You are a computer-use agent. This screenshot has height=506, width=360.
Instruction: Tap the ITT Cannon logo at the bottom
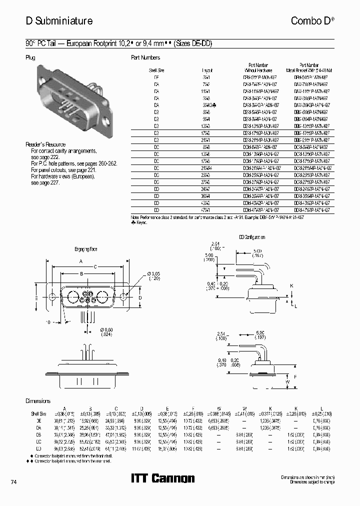(x=162, y=478)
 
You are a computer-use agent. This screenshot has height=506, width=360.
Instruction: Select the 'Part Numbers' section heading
(x=145, y=57)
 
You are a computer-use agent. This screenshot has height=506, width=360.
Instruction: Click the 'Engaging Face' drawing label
(x=85, y=248)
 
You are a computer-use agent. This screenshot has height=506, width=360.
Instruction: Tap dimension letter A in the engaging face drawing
(x=80, y=261)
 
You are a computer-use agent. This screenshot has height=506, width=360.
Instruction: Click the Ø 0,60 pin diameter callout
(x=107, y=331)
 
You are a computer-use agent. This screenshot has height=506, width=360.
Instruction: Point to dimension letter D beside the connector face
(x=140, y=298)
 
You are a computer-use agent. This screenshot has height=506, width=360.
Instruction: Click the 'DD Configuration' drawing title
(x=252, y=237)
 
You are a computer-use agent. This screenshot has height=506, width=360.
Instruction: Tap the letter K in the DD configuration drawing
(x=291, y=285)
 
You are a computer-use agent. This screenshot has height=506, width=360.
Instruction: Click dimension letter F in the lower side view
(x=295, y=376)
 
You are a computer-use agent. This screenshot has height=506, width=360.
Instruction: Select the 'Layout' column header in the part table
(x=207, y=70)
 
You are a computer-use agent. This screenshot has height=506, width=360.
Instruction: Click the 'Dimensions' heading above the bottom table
(x=38, y=401)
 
